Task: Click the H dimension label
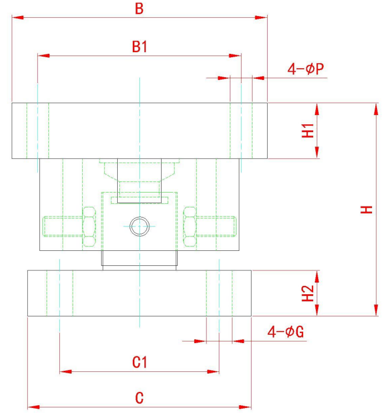tap(366, 209)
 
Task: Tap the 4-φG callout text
tap(285, 332)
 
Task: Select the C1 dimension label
tap(139, 363)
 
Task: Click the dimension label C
tap(139, 398)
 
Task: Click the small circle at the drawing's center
tap(139, 225)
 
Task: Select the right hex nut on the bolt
tap(190, 225)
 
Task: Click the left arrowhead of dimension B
tap(16, 17)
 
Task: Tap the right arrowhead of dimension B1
tap(237, 56)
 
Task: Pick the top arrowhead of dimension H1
tap(317, 107)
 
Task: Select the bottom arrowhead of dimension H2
tap(317, 312)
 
